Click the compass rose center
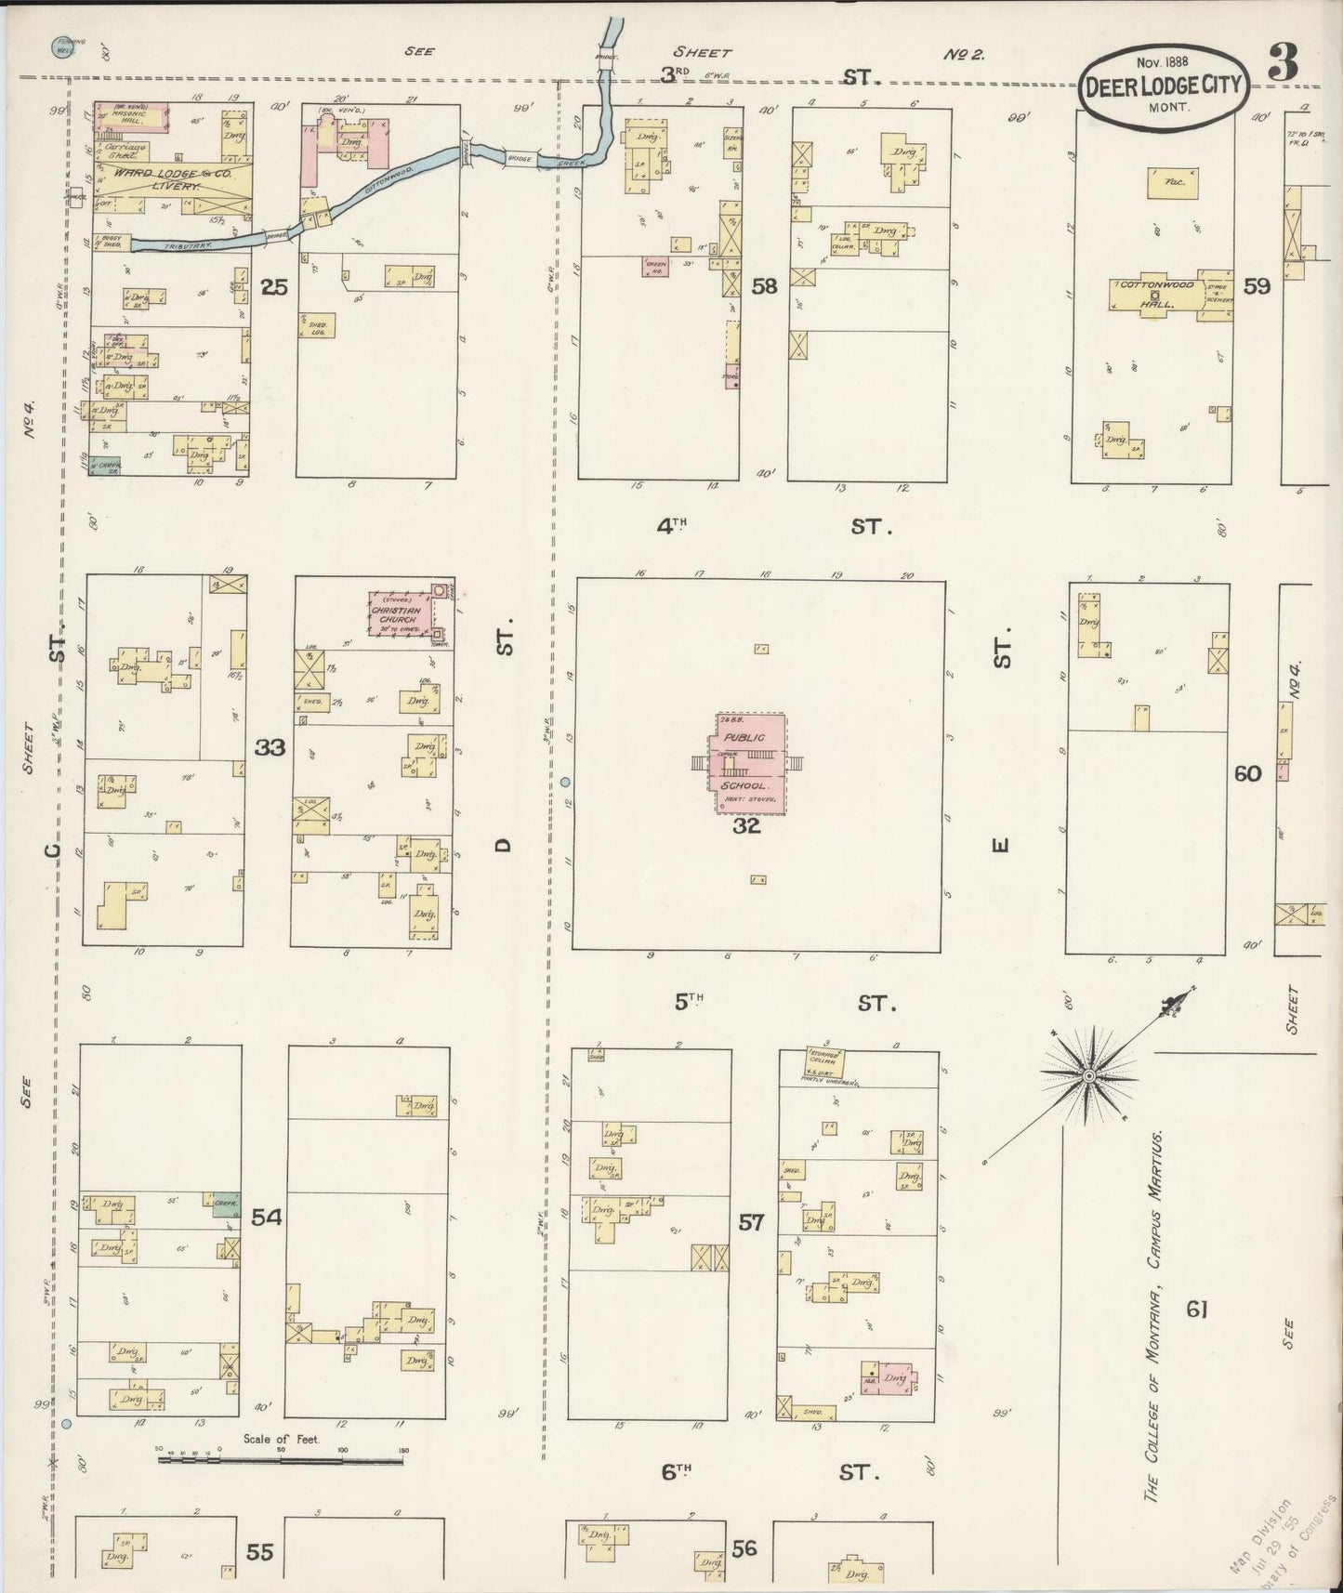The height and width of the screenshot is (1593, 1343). coord(1087,1075)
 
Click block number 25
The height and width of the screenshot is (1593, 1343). coord(273,288)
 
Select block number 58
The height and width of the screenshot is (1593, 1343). coord(764,287)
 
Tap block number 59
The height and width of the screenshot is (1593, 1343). coord(1257,287)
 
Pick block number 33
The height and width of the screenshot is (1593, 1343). coord(270,747)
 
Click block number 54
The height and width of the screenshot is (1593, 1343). coord(266,1217)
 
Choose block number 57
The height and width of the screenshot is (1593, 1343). coord(751,1222)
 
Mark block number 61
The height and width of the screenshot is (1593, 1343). coord(1196,1310)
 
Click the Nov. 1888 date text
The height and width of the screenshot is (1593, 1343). coord(1162,62)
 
